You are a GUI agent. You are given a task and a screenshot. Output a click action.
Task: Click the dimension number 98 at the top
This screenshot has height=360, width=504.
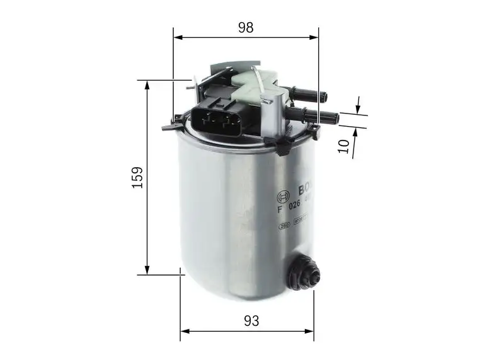coord(246,27)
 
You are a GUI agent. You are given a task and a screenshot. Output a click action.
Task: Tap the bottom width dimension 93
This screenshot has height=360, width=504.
coord(251,320)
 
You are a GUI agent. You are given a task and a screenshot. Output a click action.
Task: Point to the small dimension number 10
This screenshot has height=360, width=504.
coord(343,145)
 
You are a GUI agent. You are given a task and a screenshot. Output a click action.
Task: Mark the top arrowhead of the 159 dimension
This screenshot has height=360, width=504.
coord(147,84)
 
